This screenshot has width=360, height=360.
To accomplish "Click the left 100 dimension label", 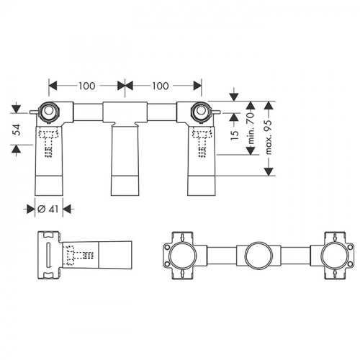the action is tap(87, 86).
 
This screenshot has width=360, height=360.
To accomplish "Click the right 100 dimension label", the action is tap(161, 86).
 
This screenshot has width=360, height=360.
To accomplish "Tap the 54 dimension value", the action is tap(17, 130).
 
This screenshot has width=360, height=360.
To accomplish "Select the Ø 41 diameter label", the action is tap(48, 209).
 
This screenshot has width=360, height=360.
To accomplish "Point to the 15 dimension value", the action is tap(235, 135).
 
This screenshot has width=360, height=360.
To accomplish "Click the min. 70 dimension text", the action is tap(251, 127).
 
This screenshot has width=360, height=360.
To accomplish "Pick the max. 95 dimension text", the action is tap(269, 137).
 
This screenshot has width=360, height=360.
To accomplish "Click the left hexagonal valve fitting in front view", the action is tap(50, 112).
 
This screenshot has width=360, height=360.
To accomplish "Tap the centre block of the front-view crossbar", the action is tap(125, 112).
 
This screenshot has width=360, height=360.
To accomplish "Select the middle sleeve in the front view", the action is tap(125, 160).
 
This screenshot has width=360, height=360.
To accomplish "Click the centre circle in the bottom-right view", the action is tap(258, 256).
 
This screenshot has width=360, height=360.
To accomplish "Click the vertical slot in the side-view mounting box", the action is tap(48, 255).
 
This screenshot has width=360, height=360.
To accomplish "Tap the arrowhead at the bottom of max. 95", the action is tap(269, 171).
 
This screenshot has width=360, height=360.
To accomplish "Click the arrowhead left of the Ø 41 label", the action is tap(31, 209).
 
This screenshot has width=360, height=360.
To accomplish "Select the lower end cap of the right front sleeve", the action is tap(201, 186).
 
